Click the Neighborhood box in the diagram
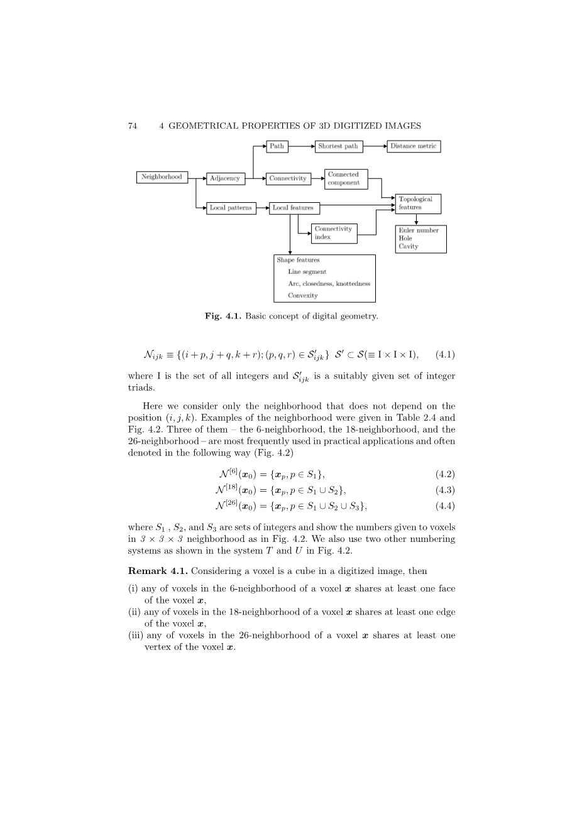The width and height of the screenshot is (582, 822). click(162, 177)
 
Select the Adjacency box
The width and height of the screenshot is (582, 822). click(224, 178)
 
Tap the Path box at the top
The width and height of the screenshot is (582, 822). click(277, 146)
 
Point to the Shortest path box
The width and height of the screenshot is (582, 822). click(338, 146)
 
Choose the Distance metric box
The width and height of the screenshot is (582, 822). click(413, 146)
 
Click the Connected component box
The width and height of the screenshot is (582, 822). click(346, 178)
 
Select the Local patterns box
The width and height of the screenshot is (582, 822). click(231, 208)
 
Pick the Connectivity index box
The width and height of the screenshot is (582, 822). click(334, 233)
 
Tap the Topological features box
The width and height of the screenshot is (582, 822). click(418, 203)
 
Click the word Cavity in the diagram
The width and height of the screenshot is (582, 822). click(408, 247)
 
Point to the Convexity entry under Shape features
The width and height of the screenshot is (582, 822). click(303, 296)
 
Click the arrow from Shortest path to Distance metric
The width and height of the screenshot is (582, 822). click(374, 146)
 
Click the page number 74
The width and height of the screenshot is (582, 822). click(132, 126)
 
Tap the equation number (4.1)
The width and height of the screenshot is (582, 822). click(445, 355)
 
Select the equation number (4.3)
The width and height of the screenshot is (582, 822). click(445, 490)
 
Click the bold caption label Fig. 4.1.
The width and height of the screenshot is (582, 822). click(223, 316)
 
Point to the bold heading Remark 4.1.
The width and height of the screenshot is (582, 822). click(157, 571)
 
